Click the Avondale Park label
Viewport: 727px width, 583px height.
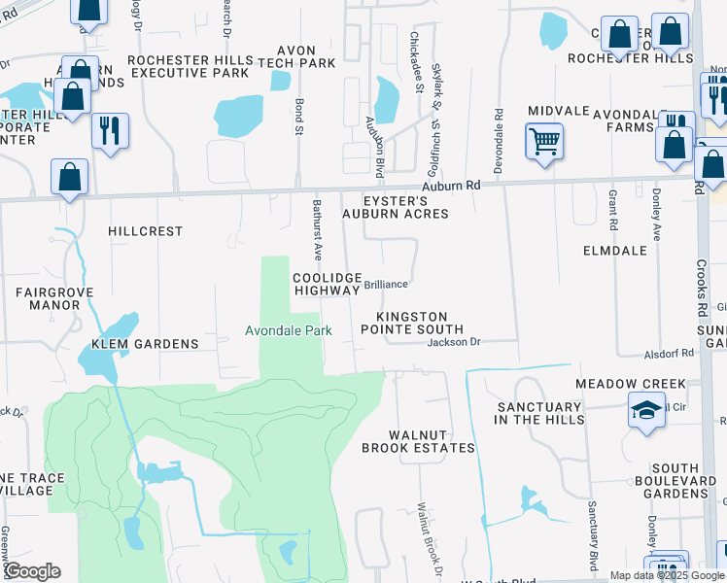(288, 330)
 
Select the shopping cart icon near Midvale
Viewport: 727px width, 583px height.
(544, 142)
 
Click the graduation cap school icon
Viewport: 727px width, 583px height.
(646, 410)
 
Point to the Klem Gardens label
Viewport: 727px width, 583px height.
(145, 344)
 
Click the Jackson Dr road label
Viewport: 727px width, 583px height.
(455, 342)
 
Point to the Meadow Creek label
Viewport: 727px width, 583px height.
(630, 384)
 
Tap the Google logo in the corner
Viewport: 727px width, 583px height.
(31, 571)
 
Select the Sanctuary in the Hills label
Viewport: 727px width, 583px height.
(540, 413)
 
